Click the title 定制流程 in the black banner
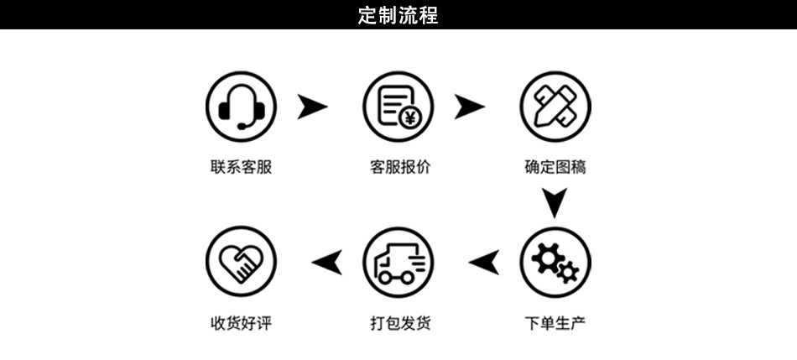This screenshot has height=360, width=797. point(398,15)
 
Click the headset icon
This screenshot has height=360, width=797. point(241,107)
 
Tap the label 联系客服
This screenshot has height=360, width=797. point(241,167)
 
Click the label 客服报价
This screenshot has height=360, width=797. point(400,167)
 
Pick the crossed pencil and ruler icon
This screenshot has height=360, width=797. point(555,107)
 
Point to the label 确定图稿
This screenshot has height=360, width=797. point(555,167)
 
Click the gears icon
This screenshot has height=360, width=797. point(555,262)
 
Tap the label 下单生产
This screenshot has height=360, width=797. point(555,323)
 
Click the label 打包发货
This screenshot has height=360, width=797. point(400,323)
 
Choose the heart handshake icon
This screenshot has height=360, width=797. point(241,262)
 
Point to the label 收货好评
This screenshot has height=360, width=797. point(241,323)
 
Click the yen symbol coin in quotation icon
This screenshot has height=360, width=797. point(409,118)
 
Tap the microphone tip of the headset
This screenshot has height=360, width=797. point(241,126)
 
